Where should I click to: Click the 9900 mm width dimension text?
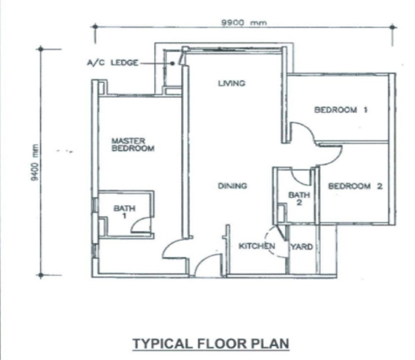coord(244,23)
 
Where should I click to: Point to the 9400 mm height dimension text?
coord(35,163)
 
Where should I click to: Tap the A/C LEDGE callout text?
coord(113,63)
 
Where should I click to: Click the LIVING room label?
coord(232,83)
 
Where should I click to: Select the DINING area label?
coord(232,186)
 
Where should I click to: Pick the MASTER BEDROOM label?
coord(133,145)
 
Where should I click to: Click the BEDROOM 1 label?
coord(341,109)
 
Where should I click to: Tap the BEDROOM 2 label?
coord(356,186)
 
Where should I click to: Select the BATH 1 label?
coord(124,212)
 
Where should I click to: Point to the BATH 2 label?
coord(299,199)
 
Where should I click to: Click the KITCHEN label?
coord(257,246)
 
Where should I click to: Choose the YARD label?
coord(302,247)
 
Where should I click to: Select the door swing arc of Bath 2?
coord(297,180)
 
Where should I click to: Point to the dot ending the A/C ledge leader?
coord(172,63)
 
